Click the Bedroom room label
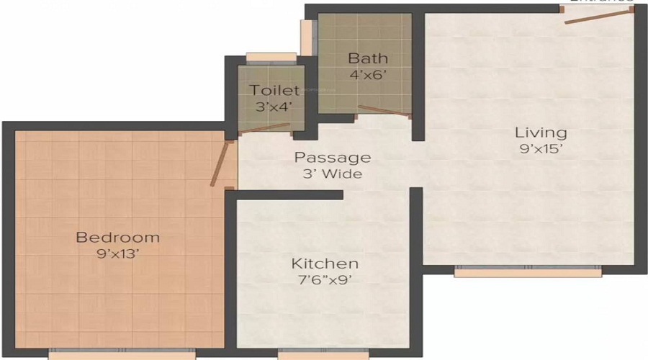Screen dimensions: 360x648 point(118,237)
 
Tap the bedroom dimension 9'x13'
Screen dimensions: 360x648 point(118,253)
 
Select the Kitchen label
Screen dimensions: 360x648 point(324,264)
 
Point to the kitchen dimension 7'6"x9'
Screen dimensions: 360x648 point(324,280)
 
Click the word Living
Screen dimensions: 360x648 point(540,132)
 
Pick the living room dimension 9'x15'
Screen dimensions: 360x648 point(540,150)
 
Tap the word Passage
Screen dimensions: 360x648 point(333,157)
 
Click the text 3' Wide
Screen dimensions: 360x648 point(333,174)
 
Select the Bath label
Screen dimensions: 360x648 point(368,58)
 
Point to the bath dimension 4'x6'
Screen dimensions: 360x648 point(368,73)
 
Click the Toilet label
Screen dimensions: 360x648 point(274,91)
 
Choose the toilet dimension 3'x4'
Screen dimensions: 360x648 point(274,107)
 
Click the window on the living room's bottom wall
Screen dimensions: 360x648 point(528,272)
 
